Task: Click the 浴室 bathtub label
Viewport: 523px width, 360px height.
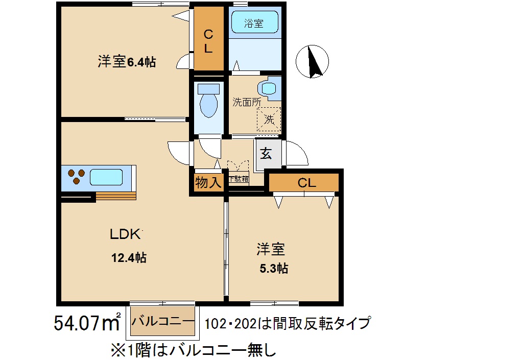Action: [254, 23]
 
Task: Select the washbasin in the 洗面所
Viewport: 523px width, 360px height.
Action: [269, 87]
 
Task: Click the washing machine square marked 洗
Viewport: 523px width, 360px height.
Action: [269, 119]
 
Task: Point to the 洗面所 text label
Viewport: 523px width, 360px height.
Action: [247, 102]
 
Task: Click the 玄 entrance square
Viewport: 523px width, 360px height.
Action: [267, 154]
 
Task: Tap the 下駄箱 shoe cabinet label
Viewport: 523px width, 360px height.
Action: [239, 179]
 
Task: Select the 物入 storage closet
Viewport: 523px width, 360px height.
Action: [208, 182]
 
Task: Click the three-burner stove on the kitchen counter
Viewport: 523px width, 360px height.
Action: [76, 177]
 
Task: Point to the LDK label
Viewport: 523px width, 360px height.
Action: [126, 234]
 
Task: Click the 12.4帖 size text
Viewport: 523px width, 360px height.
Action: [129, 258]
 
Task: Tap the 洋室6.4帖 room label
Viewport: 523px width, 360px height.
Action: [127, 62]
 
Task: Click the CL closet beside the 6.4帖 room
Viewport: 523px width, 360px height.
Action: [208, 41]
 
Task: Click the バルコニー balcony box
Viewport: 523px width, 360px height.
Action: [163, 322]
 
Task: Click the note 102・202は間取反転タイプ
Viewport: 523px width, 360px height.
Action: [288, 324]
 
